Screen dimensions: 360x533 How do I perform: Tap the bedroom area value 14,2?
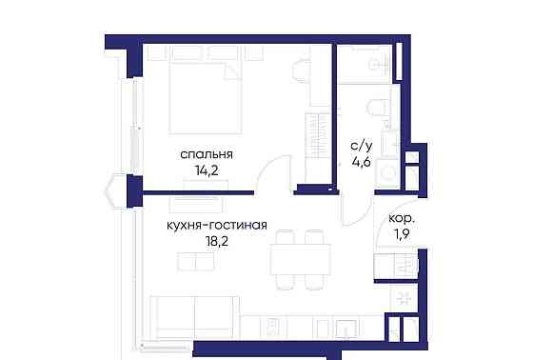(207, 171)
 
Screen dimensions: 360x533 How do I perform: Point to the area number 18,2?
(219, 242)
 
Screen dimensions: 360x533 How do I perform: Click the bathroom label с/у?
(361, 145)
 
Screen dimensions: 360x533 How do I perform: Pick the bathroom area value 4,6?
(361, 162)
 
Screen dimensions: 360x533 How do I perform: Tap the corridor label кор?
(400, 218)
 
